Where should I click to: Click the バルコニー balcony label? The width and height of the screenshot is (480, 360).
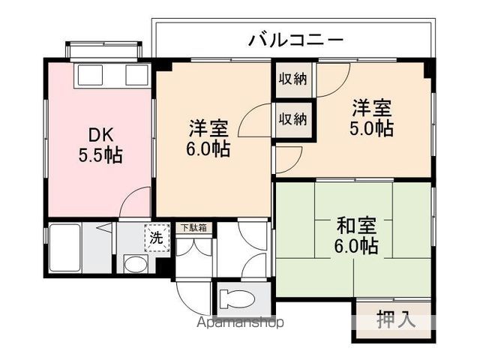tap(295, 40)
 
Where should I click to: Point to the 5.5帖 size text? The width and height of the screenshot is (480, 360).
tap(100, 155)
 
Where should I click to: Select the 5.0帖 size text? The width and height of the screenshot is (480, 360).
tap(373, 128)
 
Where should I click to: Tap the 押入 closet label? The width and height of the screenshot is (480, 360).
tap(394, 320)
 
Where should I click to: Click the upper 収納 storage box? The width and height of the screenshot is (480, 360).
tap(293, 79)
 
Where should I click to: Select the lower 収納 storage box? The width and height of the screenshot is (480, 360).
tap(293, 118)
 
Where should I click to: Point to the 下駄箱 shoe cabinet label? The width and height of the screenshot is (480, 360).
tap(194, 227)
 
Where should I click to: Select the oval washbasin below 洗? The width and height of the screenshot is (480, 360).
tap(135, 264)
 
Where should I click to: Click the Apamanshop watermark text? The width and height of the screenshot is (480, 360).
tap(239, 323)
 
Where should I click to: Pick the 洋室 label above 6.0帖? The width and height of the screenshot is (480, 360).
tap(208, 127)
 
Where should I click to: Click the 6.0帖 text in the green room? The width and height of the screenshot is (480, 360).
tap(355, 245)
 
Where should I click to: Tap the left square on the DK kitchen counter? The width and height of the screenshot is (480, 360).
tap(90, 75)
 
